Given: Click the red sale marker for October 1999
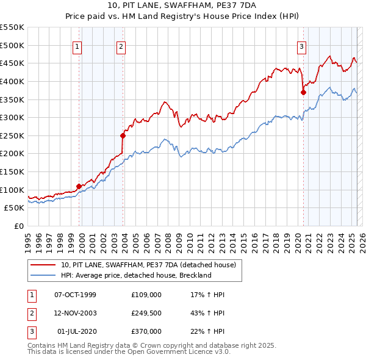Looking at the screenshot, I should pos(79,186).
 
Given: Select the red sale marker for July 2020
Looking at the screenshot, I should pos(303,92).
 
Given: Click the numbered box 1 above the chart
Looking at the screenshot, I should pos(78,46).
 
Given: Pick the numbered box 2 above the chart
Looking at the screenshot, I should pos(121,46).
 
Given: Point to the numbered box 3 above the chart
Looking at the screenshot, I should pos(301,46).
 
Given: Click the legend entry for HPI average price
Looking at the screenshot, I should pos(135,275).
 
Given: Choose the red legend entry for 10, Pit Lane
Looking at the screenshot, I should pos(152,265).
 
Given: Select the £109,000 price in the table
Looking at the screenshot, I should pos(146,295).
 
